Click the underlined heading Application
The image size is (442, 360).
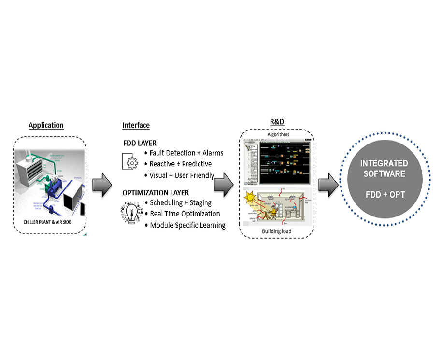pos(46,125)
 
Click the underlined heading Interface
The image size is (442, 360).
pos(136,125)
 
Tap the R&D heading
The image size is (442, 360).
pos(277,122)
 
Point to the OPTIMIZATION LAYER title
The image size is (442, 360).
pos(156,193)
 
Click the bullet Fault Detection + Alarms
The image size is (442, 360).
pos(186,153)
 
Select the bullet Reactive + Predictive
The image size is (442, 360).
pos(181,164)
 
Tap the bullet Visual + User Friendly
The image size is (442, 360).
pos(182,175)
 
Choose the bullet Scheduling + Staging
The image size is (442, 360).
pos(181,202)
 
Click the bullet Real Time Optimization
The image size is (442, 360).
pos(185,214)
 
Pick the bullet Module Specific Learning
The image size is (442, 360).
pos(187,225)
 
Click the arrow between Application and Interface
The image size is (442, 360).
pos(101,185)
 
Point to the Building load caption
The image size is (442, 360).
pos(277,231)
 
